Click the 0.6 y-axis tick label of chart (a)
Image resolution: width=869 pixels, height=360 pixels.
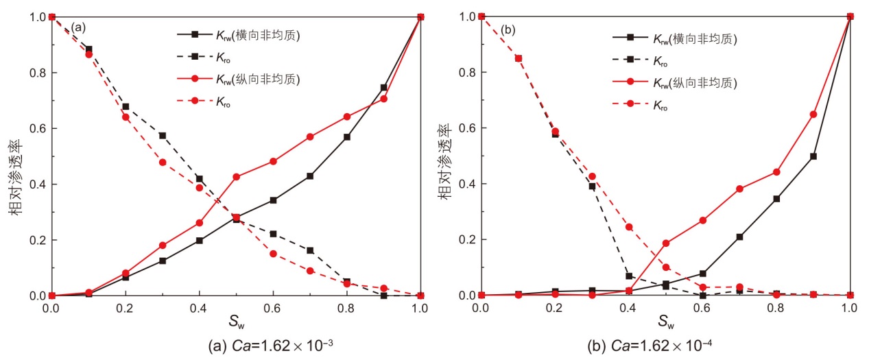[x=35, y=128]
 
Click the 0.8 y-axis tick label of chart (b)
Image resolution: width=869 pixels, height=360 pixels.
[x=466, y=72]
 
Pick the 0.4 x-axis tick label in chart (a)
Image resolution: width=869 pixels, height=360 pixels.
[x=198, y=308]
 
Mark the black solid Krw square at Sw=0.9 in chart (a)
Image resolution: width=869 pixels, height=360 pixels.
[x=383, y=88]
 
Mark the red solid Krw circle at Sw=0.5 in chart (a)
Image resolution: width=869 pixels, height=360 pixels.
[x=236, y=177]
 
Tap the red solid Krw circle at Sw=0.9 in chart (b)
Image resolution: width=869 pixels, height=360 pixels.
[x=813, y=114]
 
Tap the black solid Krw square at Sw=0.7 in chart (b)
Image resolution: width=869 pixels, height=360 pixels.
[x=739, y=237]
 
